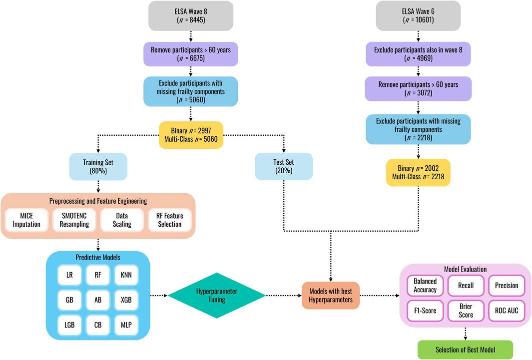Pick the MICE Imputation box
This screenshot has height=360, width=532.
pyautogui.click(x=26, y=220)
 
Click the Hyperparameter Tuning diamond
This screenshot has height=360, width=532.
pyautogui.click(x=216, y=296)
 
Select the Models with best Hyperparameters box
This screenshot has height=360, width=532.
pyautogui.click(x=330, y=296)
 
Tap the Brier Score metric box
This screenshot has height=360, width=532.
pyautogui.click(x=466, y=311)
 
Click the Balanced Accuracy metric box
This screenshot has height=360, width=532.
pyautogui.click(x=425, y=286)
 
